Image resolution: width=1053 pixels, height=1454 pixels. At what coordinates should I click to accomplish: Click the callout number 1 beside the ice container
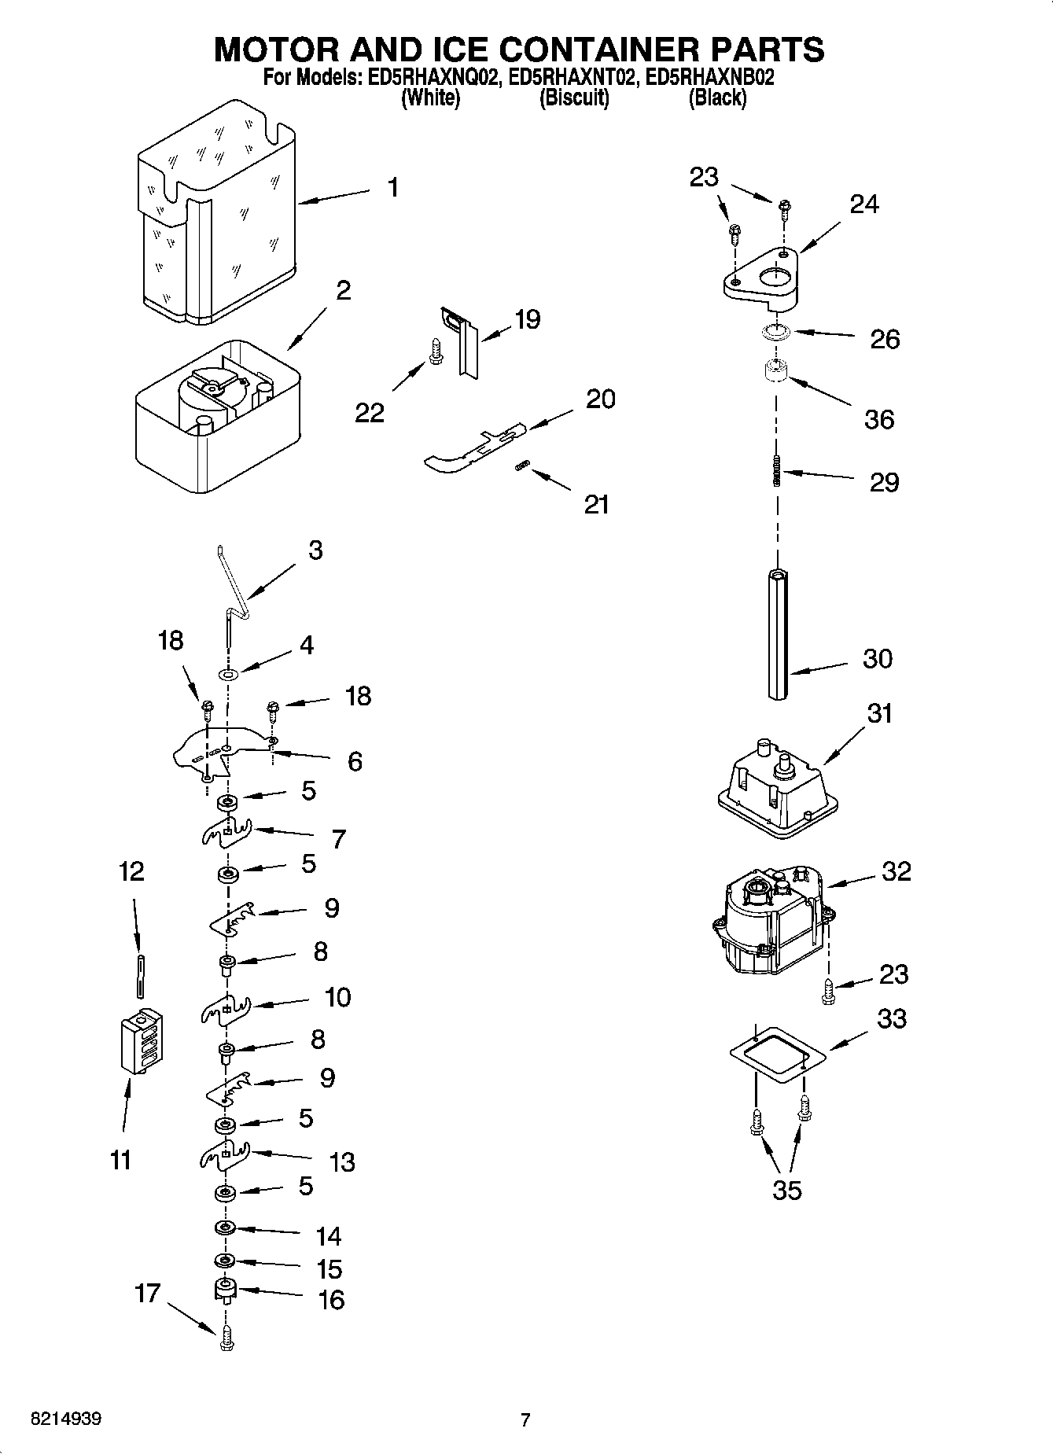pyautogui.click(x=392, y=187)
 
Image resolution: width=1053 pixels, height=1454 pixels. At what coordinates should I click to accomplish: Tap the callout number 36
pyautogui.click(x=878, y=419)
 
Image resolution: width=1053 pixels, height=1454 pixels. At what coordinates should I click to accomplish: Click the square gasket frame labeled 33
pyautogui.click(x=775, y=1054)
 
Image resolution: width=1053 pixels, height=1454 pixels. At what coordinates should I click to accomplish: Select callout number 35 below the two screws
pyautogui.click(x=786, y=1190)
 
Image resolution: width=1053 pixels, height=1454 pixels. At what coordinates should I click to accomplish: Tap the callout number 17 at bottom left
pyautogui.click(x=147, y=1293)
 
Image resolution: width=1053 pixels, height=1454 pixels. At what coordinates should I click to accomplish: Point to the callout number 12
pyautogui.click(x=131, y=871)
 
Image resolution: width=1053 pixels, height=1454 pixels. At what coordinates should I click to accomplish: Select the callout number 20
pyautogui.click(x=600, y=399)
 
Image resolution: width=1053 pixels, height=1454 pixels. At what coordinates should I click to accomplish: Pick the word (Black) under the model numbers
pyautogui.click(x=716, y=98)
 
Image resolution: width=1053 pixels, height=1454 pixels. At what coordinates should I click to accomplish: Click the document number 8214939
pyautogui.click(x=65, y=1419)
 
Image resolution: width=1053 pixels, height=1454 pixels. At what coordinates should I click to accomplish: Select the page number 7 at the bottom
pyautogui.click(x=525, y=1419)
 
